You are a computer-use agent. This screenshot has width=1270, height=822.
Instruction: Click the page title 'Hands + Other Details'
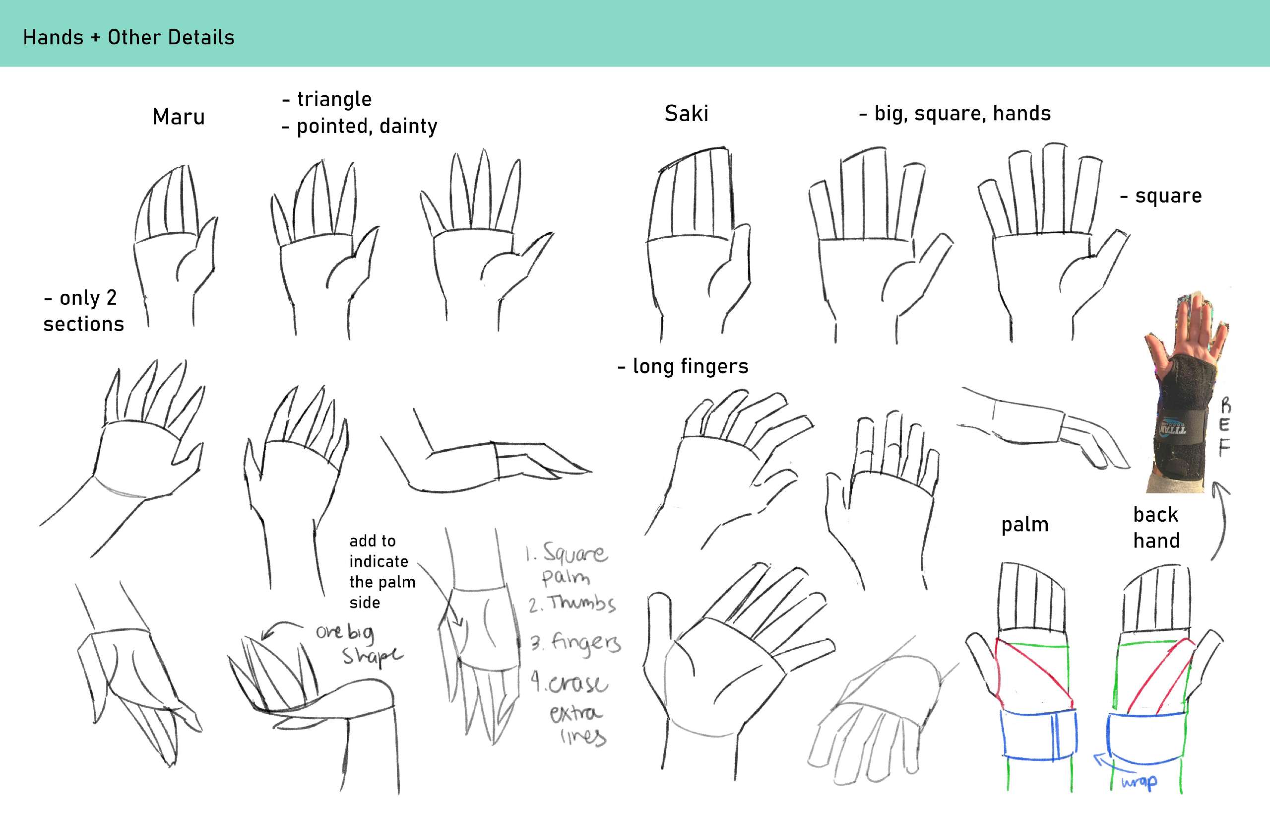128,37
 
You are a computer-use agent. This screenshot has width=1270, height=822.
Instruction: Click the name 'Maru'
179,117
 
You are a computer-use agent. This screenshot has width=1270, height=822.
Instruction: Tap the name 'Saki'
687,114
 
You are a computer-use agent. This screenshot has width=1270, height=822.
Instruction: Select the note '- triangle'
327,99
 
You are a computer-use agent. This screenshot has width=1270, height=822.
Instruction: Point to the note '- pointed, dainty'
360,126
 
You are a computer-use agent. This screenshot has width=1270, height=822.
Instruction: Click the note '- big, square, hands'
955,113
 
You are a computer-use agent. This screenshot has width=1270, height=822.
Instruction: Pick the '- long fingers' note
683,366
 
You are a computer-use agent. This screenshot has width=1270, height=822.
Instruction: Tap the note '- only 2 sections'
84,311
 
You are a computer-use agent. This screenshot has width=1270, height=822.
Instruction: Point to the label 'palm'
1024,525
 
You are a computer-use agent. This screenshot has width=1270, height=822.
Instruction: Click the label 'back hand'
1156,528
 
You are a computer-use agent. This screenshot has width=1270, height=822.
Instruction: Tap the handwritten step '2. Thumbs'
572,603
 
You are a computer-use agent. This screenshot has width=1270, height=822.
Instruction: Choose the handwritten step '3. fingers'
575,643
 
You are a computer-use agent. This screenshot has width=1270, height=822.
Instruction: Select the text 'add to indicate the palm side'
382,572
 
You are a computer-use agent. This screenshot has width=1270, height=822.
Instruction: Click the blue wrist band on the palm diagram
1038,734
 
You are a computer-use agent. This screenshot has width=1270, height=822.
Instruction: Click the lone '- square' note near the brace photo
1161,196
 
